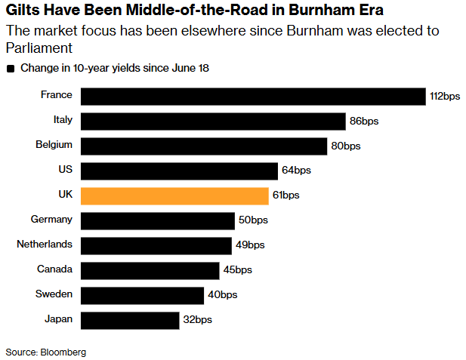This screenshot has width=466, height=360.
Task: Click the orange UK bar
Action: [174, 196]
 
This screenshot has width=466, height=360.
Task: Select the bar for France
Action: [253, 97]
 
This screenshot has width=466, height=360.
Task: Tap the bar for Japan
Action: [130, 321]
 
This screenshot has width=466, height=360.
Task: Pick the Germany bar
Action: [158, 221]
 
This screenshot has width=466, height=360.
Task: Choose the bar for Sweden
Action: [142, 296]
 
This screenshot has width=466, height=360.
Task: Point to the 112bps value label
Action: [445, 97]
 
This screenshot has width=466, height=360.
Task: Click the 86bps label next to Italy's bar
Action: [364, 122]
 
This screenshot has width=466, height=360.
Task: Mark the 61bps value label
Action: [286, 195]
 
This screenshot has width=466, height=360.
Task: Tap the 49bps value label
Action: [250, 245]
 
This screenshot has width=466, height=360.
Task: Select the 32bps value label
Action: [198, 319]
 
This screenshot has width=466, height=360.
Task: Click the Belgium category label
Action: [54, 145]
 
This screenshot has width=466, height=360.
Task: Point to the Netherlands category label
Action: [45, 245]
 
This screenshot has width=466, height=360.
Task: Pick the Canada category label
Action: [54, 269]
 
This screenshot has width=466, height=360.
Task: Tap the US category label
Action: [66, 169]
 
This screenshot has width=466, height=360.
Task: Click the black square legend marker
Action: [11, 69]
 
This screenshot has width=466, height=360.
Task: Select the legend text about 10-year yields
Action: [115, 68]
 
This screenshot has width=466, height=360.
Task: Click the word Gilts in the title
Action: [23, 10]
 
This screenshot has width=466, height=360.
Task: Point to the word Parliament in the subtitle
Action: [39, 48]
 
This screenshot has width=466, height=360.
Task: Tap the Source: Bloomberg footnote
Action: [46, 352]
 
